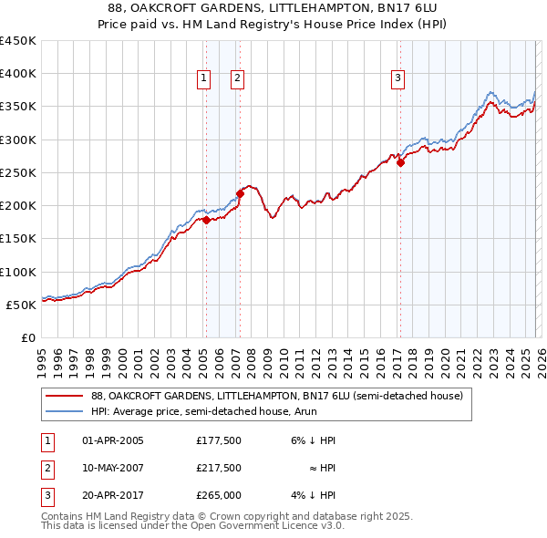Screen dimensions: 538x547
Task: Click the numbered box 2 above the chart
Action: [236, 79]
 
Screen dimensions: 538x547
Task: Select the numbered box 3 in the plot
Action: [398, 79]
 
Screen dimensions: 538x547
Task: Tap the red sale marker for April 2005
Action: [206, 220]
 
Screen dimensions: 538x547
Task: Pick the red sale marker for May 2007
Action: [240, 193]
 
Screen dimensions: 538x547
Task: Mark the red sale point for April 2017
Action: [400, 163]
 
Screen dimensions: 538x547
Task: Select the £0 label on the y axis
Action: [27, 337]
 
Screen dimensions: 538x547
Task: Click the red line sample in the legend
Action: [64, 397]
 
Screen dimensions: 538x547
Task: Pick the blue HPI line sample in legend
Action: [64, 411]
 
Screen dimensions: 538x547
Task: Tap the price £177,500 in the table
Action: [219, 440]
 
